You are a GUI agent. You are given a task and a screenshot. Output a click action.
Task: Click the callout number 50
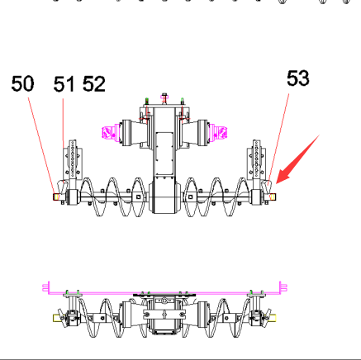tap(22, 83)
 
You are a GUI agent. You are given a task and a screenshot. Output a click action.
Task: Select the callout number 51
tap(64, 84)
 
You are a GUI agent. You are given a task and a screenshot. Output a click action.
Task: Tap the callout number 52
tap(94, 84)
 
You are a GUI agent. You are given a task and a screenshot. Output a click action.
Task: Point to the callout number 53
tap(298, 78)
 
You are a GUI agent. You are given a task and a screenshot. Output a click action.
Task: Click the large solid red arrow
tap(297, 159)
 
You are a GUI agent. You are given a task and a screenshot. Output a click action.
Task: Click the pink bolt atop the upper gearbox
tap(164, 98)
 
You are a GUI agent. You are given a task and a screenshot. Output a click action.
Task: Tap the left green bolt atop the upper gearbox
tap(147, 101)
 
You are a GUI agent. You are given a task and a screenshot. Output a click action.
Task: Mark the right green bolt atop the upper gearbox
tap(182, 101)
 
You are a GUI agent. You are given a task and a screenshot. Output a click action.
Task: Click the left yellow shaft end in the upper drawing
tap(56, 197)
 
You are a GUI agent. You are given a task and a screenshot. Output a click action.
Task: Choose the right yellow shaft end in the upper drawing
tap(273, 197)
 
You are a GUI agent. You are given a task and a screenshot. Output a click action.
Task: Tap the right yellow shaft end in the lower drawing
tap(273, 318)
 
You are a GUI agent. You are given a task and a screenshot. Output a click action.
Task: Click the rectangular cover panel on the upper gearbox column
tap(164, 154)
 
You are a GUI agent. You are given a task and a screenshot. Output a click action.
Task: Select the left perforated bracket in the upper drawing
tap(73, 159)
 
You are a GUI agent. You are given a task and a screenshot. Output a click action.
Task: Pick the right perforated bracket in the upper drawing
tap(257, 159)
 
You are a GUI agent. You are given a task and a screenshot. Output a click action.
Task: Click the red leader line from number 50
tap(41, 145)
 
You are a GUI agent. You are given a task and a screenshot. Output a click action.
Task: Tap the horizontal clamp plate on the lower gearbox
tap(164, 314)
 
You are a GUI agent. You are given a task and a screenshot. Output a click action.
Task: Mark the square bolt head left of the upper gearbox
tap(138, 197)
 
